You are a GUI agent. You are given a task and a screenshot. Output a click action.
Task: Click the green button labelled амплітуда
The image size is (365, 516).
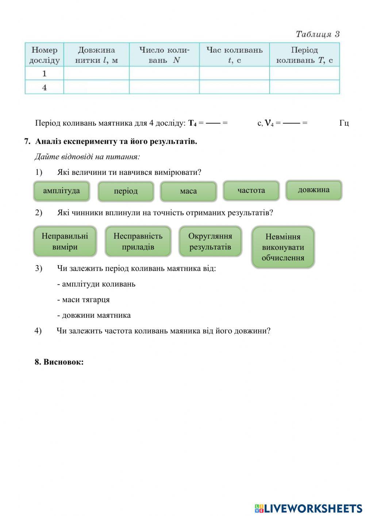[x=61, y=191]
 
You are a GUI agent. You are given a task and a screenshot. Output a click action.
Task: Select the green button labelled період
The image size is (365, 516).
[x=126, y=191]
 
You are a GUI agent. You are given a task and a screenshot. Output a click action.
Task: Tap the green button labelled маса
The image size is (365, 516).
[x=188, y=191]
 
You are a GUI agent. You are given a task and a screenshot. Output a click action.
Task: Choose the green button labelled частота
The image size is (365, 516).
[x=251, y=190]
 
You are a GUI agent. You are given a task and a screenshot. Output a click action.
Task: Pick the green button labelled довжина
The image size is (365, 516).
[x=314, y=190]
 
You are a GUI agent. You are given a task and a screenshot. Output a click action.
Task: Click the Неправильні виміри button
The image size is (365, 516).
[x=65, y=241]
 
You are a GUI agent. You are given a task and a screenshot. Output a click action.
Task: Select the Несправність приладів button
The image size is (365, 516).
[x=138, y=241]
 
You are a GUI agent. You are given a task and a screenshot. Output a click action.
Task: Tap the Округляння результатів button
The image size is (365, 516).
[x=210, y=241]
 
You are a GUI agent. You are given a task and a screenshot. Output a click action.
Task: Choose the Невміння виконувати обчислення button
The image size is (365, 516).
[x=283, y=247]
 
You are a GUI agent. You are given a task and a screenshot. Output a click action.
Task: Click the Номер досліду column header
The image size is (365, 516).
[x=44, y=55]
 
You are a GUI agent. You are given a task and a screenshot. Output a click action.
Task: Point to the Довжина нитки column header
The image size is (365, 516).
[x=96, y=55]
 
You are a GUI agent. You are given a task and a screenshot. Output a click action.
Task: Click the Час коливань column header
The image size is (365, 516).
[x=234, y=55]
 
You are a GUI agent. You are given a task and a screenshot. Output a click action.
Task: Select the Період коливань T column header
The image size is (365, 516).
[x=304, y=55]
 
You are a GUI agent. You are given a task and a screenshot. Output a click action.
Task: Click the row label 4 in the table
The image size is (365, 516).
[x=44, y=88]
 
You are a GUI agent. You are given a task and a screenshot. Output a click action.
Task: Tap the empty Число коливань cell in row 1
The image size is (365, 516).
[x=164, y=73]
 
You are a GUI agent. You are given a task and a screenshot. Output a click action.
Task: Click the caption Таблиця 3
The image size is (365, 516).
[x=318, y=34]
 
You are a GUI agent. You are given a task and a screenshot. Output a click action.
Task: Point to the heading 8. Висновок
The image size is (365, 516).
[x=59, y=362]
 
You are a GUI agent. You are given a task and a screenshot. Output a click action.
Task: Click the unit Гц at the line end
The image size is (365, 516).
[x=344, y=123]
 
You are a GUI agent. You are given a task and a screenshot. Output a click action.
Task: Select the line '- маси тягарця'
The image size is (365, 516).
[x=83, y=300]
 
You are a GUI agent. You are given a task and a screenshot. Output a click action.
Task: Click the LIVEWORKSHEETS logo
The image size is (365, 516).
[x=308, y=508]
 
